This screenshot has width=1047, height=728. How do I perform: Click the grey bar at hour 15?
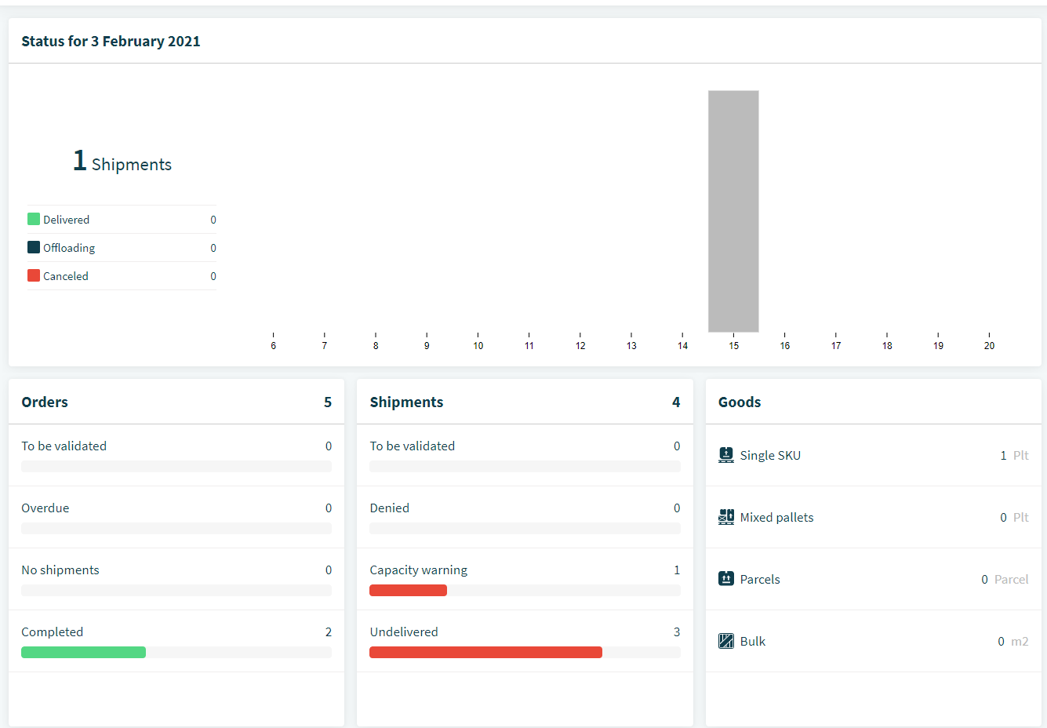coord(733,211)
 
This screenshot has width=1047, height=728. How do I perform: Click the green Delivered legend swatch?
coord(34,219)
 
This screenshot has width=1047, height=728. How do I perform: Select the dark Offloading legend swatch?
coord(34,247)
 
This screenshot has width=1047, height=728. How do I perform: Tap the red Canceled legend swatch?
coord(34,275)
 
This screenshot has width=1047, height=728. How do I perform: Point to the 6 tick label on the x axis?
coord(274,345)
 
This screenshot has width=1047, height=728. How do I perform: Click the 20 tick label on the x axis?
coord(989,345)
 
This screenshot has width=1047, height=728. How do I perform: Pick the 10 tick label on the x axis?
coord(478,345)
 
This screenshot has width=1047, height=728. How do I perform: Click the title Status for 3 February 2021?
coord(111,41)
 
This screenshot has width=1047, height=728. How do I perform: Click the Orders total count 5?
coord(328,402)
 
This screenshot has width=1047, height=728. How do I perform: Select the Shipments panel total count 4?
coord(676,402)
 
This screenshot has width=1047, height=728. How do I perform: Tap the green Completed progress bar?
coord(84,652)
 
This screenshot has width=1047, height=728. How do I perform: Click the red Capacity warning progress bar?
coord(408,590)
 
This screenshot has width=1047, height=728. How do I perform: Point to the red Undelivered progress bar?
coord(485,652)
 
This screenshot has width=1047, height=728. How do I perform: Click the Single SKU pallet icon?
coord(726,455)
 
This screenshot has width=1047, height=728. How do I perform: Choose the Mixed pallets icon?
coord(726,517)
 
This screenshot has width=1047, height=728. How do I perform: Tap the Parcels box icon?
coord(726,579)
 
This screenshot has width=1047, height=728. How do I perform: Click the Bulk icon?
coord(726,641)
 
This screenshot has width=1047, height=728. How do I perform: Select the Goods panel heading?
coord(740,402)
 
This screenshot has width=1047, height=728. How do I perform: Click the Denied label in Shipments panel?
coord(389,508)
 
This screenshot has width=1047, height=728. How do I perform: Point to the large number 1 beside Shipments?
coord(80,160)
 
